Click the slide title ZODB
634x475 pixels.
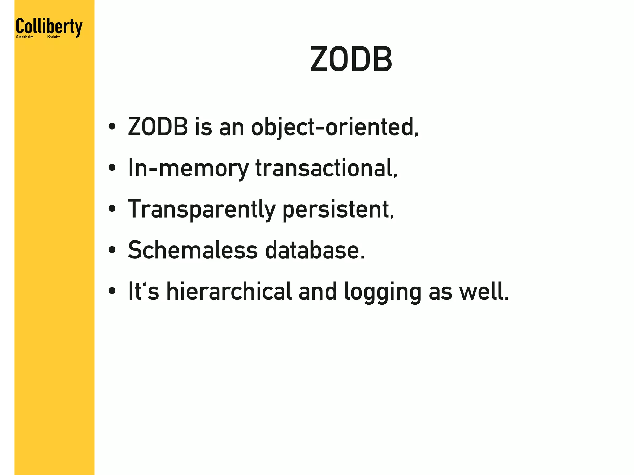(351, 59)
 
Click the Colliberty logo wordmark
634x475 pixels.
(49, 27)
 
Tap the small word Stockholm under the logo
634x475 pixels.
(25, 37)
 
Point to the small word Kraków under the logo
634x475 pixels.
(54, 37)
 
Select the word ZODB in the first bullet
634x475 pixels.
(158, 127)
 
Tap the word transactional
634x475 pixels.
(326, 168)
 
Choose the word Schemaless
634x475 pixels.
(193, 250)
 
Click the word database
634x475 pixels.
(315, 250)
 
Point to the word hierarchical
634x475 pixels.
(229, 291)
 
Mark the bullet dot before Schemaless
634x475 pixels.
(112, 250)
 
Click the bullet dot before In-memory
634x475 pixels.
(112, 168)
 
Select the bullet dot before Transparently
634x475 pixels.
(112, 209)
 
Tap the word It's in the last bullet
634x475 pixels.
(143, 291)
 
